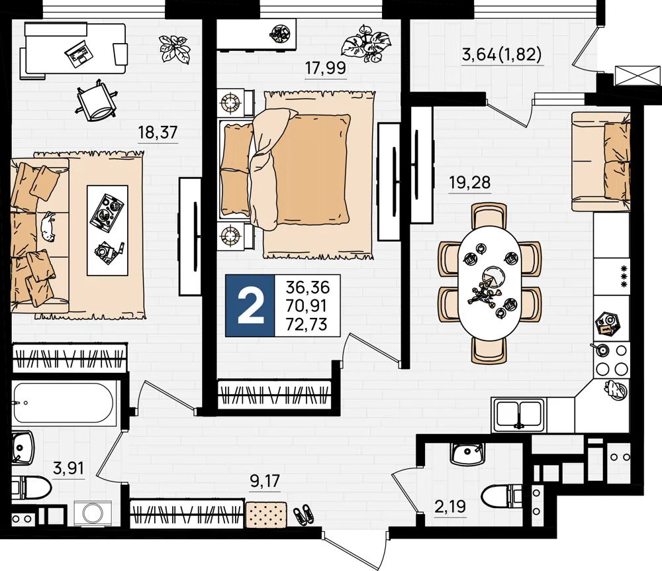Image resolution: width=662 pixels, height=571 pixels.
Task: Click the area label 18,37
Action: [158, 132]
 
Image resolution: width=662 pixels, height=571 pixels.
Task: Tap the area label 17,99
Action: [326, 68]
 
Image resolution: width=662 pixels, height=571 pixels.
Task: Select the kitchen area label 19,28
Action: [469, 182]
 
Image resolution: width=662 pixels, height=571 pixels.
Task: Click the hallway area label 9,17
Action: [265, 481]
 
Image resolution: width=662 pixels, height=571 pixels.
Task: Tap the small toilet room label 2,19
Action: [450, 505]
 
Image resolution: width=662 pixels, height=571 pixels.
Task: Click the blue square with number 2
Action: [250, 305]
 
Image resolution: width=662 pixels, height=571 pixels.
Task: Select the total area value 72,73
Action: [307, 324]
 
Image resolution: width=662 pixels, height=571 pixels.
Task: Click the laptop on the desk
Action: [79, 53]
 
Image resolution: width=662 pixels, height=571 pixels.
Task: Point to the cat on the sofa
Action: [48, 227]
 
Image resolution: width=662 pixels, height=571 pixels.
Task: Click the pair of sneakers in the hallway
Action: [304, 514]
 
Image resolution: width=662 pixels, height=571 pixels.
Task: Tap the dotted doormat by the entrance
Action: [266, 515]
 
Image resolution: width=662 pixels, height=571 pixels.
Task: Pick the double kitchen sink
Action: [518, 414]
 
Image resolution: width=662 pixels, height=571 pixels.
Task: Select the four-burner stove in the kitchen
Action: [611, 360]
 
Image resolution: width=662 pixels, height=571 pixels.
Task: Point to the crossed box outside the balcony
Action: [638, 76]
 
